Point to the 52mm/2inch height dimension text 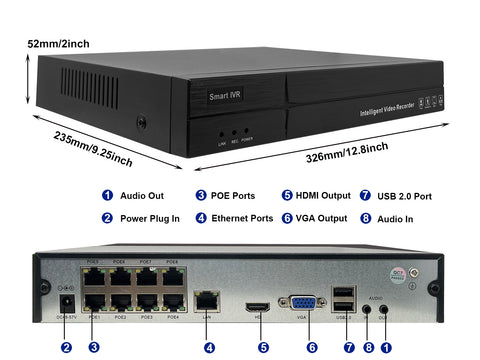(60, 45)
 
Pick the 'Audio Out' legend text (142, 196)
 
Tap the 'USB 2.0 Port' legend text (407, 196)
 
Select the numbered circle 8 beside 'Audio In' (365, 218)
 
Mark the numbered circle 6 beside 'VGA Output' (287, 218)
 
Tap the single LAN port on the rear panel (209, 299)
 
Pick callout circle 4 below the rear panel (209, 347)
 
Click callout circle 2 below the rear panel (66, 347)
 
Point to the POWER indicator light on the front (246, 131)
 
